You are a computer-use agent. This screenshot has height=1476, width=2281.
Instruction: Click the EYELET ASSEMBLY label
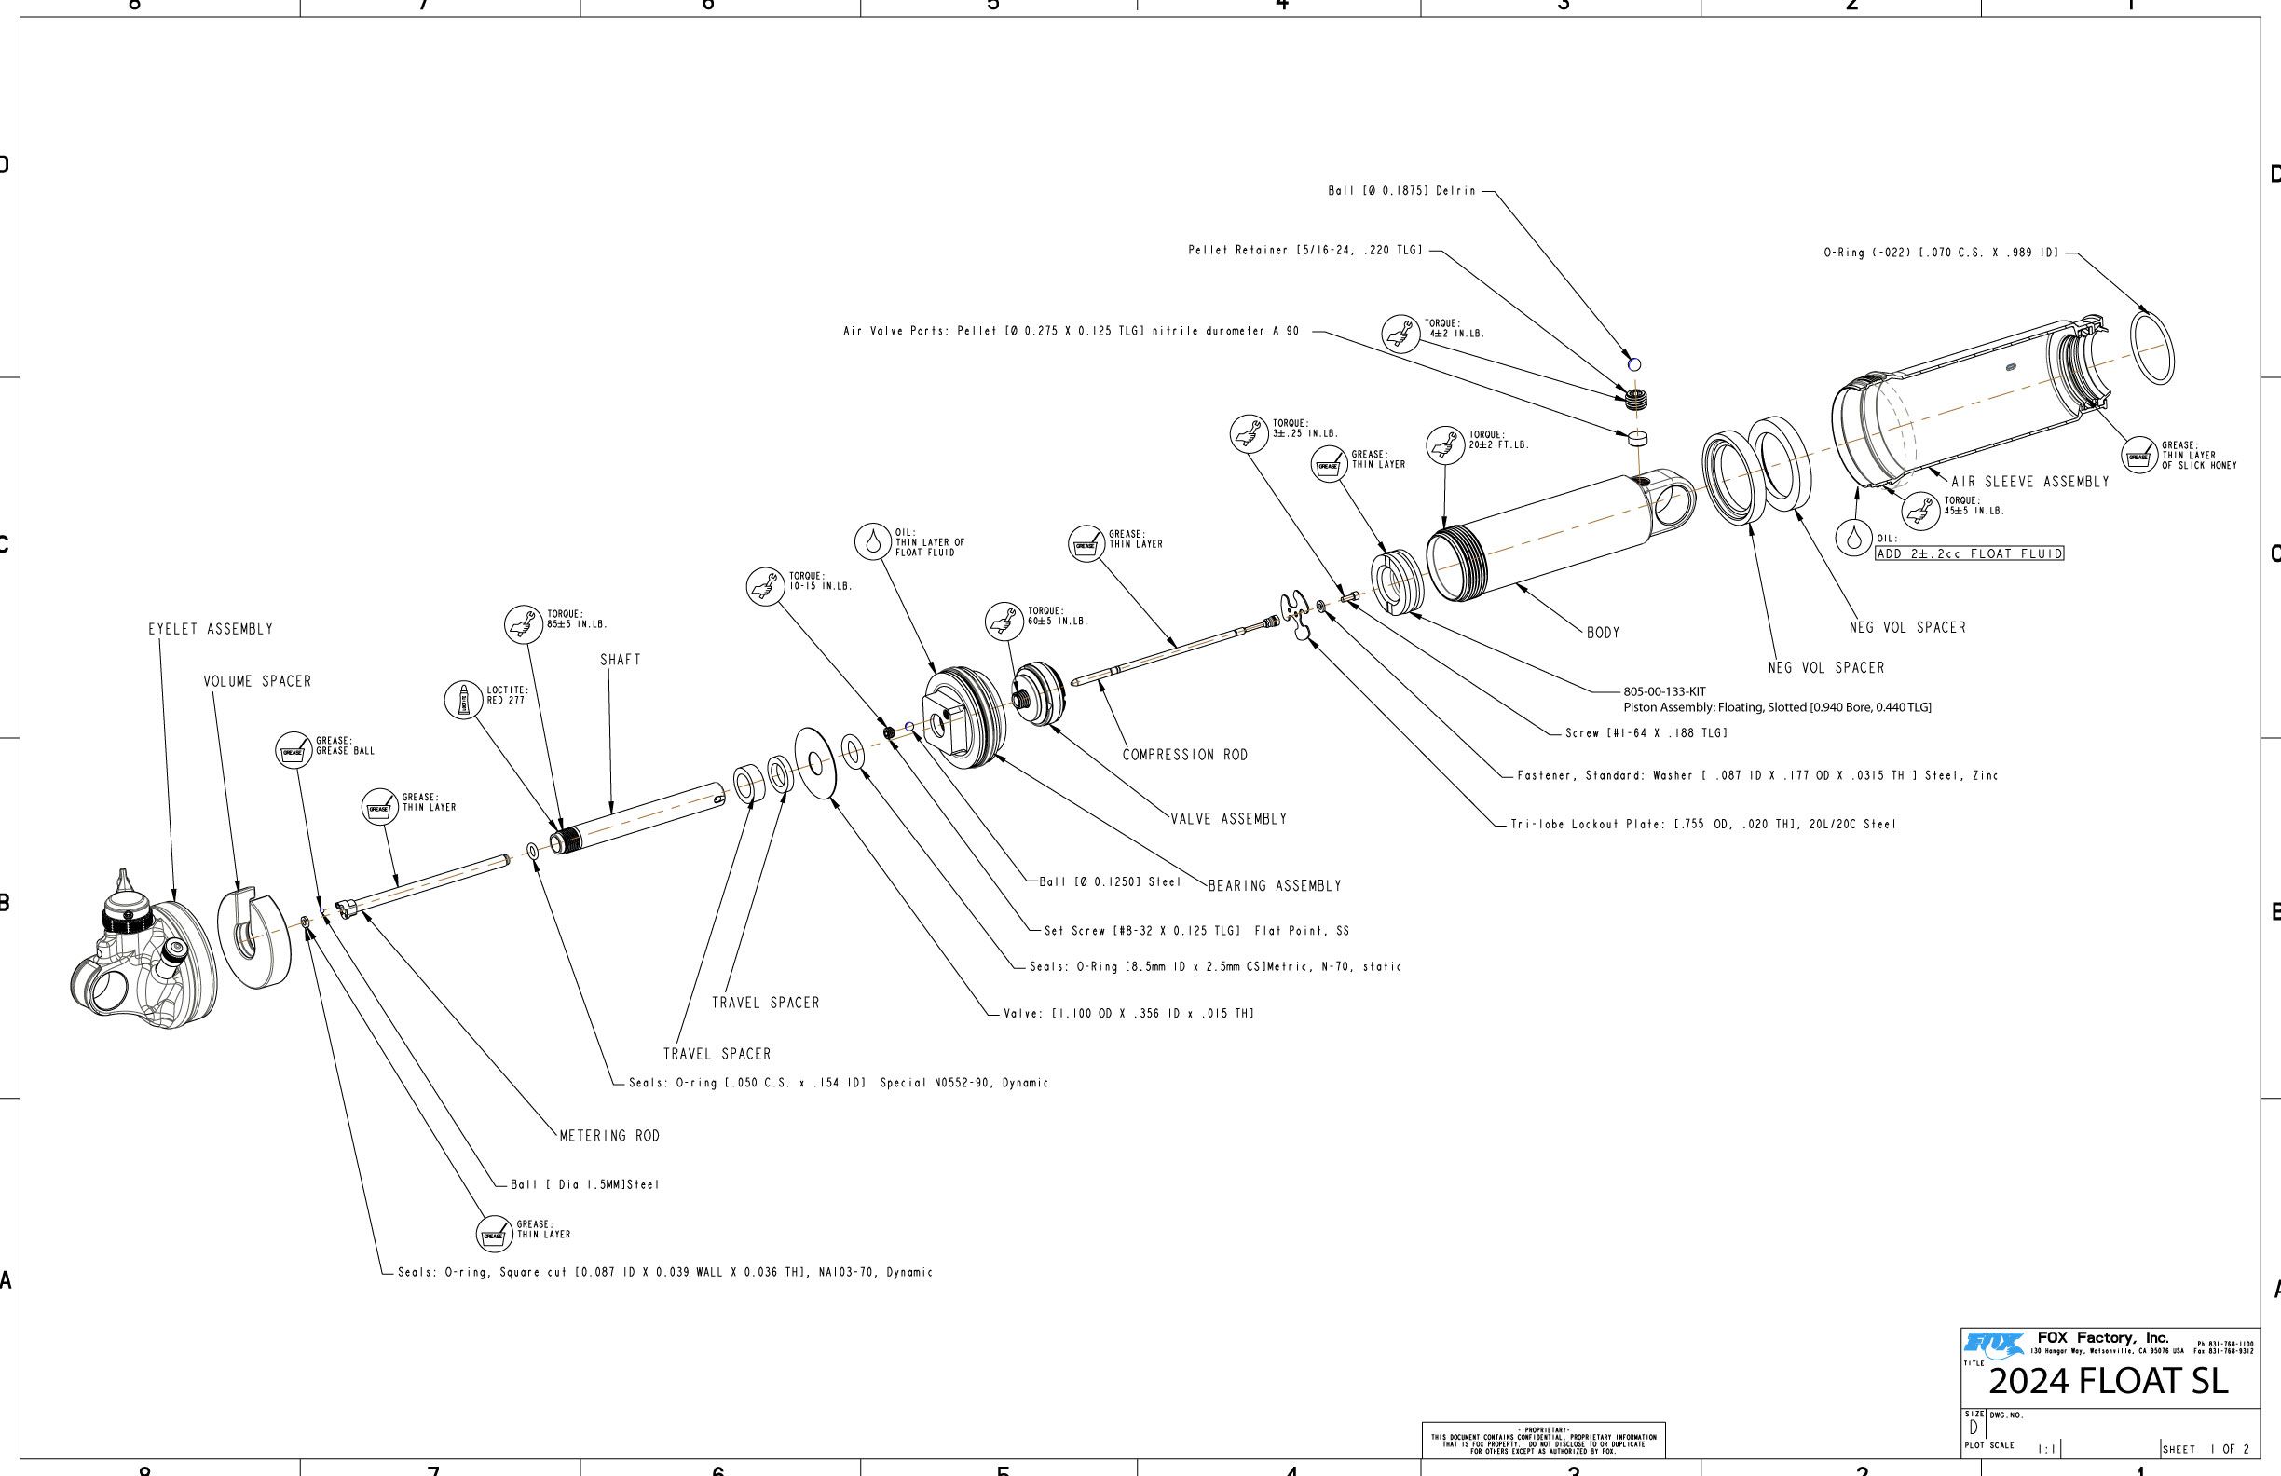pyautogui.click(x=210, y=630)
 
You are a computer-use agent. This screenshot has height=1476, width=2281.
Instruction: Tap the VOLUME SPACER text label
pyautogui.click(x=257, y=681)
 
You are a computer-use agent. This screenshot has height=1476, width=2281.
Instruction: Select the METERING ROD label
pyautogui.click(x=609, y=1136)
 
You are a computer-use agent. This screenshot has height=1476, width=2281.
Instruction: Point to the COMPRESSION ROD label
pyautogui.click(x=1184, y=756)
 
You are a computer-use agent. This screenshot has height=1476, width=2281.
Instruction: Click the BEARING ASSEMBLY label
pyautogui.click(x=1274, y=885)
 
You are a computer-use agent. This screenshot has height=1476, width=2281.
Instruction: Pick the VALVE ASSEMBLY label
pyautogui.click(x=1229, y=818)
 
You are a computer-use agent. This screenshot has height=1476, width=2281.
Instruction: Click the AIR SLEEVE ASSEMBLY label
pyautogui.click(x=2030, y=482)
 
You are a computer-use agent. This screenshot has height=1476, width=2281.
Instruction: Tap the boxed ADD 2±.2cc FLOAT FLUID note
pyautogui.click(x=1969, y=554)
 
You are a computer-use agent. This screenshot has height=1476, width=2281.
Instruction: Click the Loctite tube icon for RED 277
pyautogui.click(x=464, y=700)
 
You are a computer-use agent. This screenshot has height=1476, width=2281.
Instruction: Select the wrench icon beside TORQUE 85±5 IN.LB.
pyautogui.click(x=524, y=625)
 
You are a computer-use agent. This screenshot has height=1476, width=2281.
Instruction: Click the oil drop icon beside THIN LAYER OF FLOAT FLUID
pyautogui.click(x=872, y=541)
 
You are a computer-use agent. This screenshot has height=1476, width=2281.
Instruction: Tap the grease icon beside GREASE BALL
pyautogui.click(x=294, y=751)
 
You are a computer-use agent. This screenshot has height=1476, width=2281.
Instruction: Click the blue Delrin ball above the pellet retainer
pyautogui.click(x=1634, y=364)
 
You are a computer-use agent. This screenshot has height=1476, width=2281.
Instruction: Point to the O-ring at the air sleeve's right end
pyautogui.click(x=2151, y=348)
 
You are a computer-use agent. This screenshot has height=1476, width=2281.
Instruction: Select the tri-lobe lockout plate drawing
pyautogui.click(x=1296, y=614)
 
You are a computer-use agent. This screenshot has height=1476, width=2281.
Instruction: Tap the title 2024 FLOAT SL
pyautogui.click(x=2108, y=1381)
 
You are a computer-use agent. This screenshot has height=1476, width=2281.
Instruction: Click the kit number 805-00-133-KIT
pyautogui.click(x=1664, y=691)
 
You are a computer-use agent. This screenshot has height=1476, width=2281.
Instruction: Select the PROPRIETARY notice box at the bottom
pyautogui.click(x=1543, y=1441)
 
